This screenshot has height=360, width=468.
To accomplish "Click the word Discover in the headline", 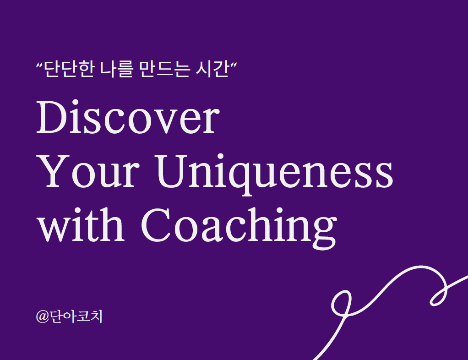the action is (128, 116).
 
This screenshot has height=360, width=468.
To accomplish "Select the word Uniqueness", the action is (275, 175).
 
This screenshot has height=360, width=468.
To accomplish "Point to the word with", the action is (81, 224).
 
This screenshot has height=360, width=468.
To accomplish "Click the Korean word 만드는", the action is (164, 69).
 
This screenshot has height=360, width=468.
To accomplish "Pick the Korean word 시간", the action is (212, 69).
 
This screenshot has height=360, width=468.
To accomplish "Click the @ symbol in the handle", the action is (42, 316).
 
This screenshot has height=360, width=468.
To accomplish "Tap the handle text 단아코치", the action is (76, 316).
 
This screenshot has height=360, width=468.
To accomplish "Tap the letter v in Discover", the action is (169, 122).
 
